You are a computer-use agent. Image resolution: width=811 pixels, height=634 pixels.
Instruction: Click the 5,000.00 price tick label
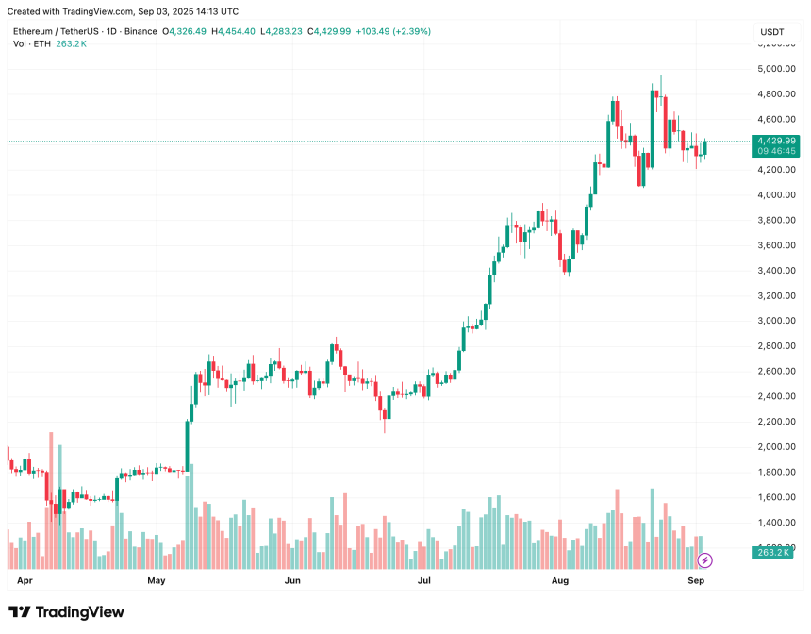point(776,69)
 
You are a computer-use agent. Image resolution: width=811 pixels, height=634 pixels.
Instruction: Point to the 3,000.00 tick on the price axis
point(776,321)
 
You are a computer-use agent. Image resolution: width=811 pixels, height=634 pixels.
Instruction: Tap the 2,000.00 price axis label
point(776,447)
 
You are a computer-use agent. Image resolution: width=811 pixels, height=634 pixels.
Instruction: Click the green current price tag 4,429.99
point(777,141)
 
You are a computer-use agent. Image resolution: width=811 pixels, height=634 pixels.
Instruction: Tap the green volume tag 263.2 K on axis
point(776,553)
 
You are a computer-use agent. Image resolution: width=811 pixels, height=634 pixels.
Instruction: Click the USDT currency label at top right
point(771,32)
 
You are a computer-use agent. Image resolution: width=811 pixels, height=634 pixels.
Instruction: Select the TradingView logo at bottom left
point(66,612)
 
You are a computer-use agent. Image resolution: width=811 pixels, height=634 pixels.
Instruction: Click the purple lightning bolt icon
point(706,558)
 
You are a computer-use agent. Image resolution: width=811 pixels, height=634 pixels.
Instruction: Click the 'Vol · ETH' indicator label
point(32,44)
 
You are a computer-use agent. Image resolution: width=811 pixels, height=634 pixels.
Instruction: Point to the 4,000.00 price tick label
point(776,195)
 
